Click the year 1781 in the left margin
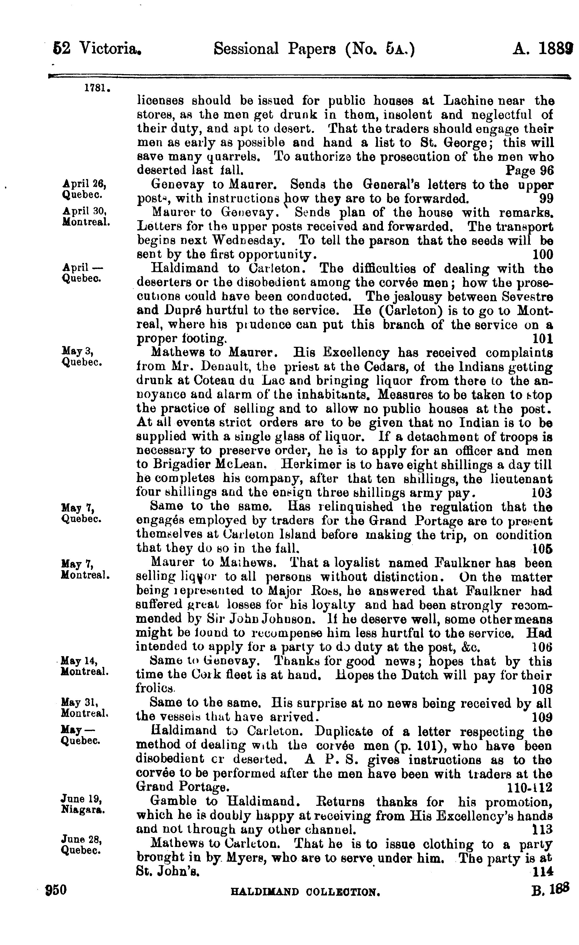[97, 88]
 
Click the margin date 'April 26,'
[84, 184]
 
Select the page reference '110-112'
[530, 787]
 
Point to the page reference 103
[542, 492]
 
